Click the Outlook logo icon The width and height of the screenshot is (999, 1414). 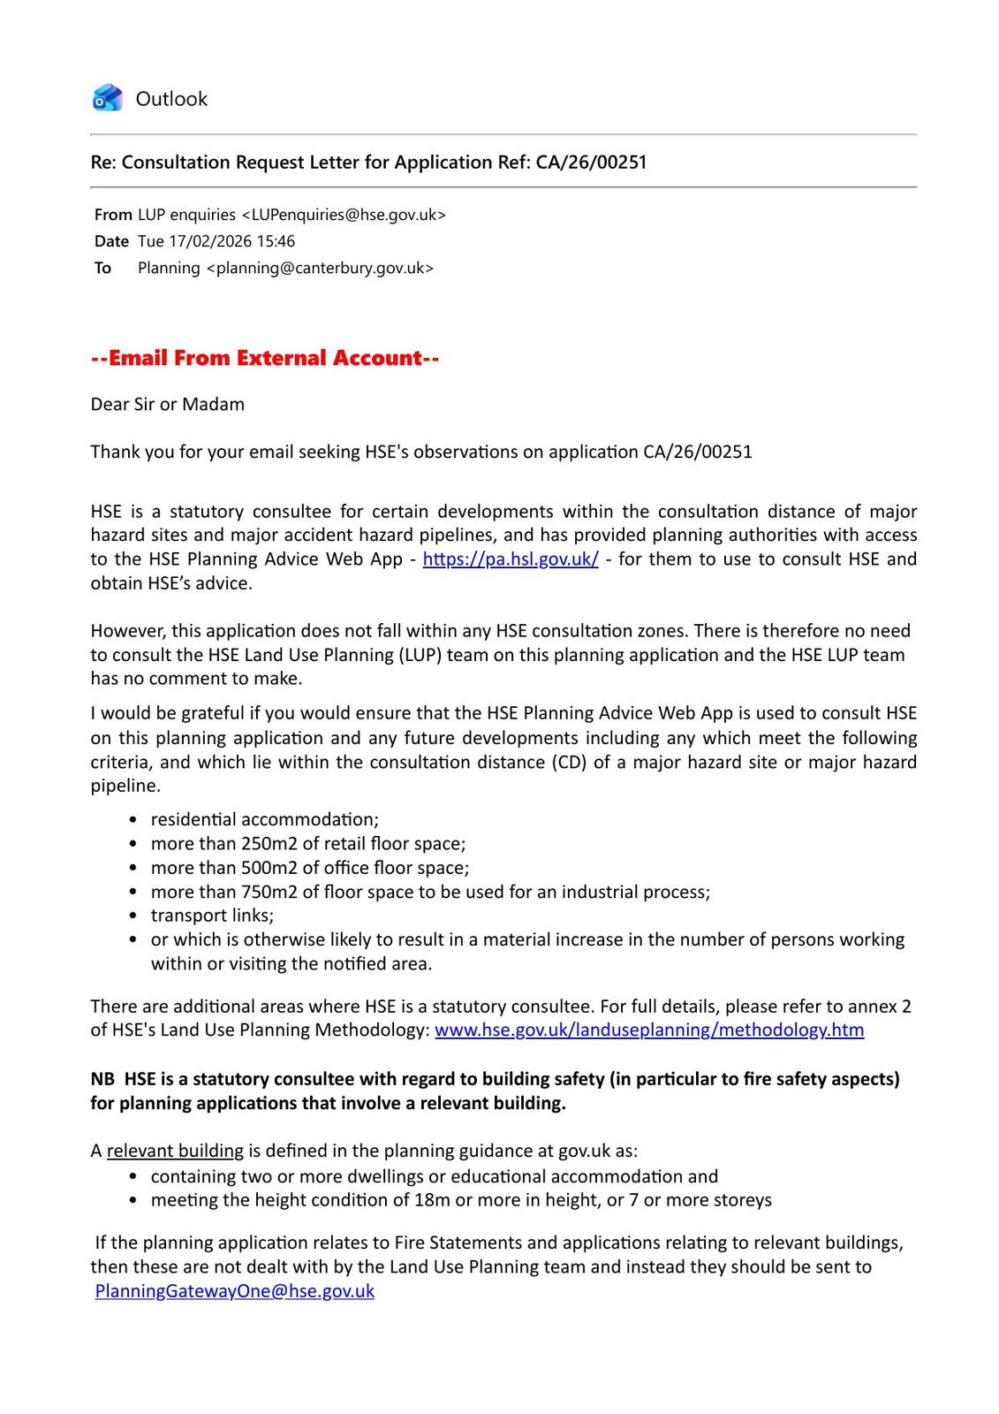coord(107,98)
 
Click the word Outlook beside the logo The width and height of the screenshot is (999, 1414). coord(171,99)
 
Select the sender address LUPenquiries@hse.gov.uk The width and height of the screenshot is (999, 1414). coord(344,215)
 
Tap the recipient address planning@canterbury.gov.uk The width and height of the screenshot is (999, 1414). coord(320,268)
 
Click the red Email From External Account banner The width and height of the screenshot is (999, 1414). coord(265,358)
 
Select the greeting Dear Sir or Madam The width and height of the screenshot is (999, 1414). coord(168,405)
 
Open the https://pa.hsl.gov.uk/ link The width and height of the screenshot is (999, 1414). coord(511,559)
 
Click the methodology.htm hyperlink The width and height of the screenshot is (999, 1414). coord(649,1030)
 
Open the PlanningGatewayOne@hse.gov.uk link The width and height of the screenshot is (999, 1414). coord(235,1291)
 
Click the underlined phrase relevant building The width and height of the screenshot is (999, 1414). coord(175,1152)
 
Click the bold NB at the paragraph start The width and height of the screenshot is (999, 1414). coord(102,1079)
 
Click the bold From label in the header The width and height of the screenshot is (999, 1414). coord(113,215)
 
